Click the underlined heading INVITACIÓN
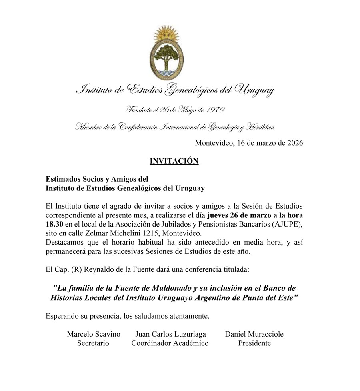(x=174, y=161)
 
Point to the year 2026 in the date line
(x=294, y=143)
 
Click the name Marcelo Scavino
(x=93, y=334)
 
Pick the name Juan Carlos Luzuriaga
(x=170, y=334)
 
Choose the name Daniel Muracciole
(x=254, y=334)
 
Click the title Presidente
(x=254, y=343)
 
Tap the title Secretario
(x=93, y=343)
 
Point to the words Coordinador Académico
(x=170, y=343)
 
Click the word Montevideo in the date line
(x=213, y=143)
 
